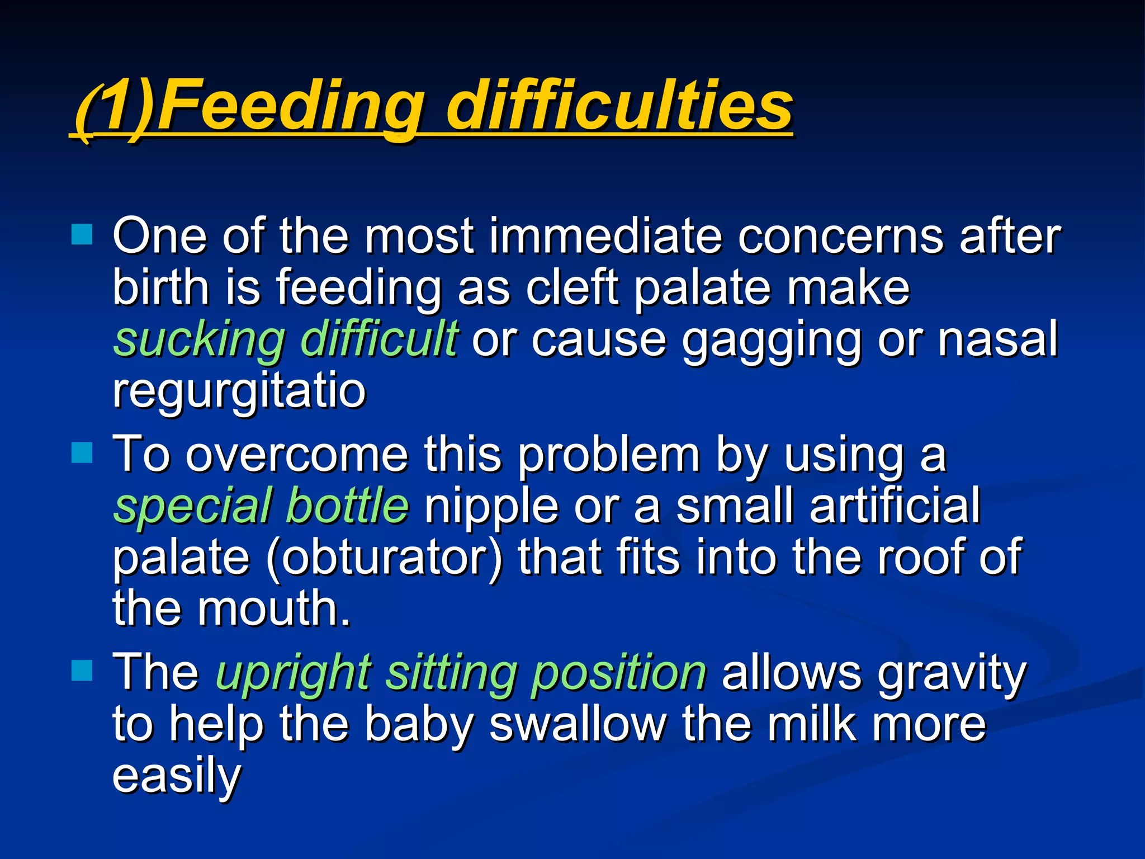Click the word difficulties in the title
[619, 105]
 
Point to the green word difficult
[379, 339]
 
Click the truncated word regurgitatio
[239, 391]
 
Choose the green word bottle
[347, 505]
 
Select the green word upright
[294, 672]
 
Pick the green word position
[619, 672]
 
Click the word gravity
[951, 672]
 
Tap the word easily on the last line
[177, 776]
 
